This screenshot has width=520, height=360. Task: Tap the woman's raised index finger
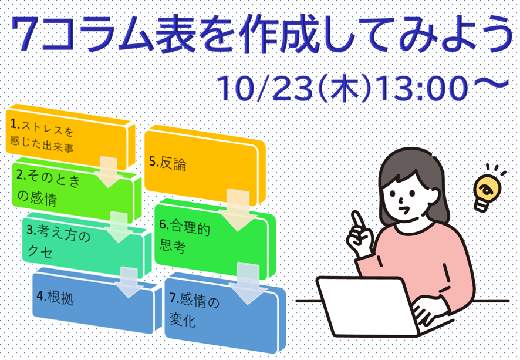tap(358, 219)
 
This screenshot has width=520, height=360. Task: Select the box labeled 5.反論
tap(205, 166)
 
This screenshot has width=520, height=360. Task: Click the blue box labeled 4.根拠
tap(96, 301)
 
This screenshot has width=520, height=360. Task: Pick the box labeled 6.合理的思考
tap(215, 238)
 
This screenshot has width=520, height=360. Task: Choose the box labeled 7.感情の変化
tap(225, 313)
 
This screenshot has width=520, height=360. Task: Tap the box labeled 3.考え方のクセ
tap(86, 245)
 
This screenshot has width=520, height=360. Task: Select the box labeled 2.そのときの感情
tap(76, 190)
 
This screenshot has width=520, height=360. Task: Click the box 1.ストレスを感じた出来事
tap(70, 137)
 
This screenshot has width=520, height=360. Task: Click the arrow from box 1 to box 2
tap(109, 172)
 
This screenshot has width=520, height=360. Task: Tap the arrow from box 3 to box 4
tap(129, 282)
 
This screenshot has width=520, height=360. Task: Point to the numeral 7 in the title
tap(27, 33)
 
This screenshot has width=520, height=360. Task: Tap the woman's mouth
tap(404, 210)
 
